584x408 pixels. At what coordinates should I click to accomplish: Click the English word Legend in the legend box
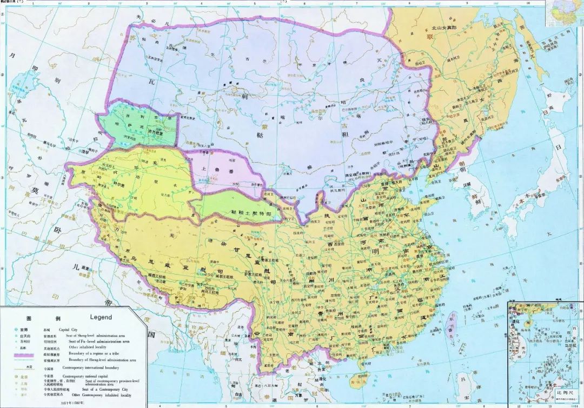(101, 317)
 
